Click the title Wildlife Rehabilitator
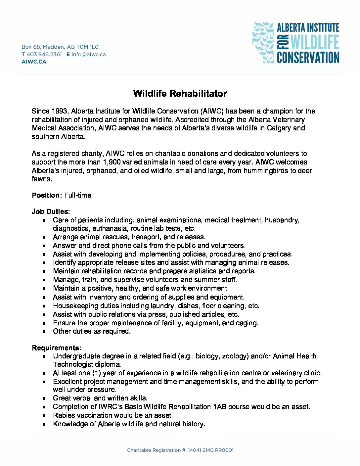click(x=180, y=93)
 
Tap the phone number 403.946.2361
click(x=44, y=54)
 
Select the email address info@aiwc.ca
click(x=88, y=54)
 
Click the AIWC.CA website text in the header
click(x=34, y=62)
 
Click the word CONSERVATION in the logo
click(x=308, y=58)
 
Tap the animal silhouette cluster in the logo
click(x=263, y=42)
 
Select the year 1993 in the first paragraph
click(x=59, y=111)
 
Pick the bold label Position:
click(x=47, y=195)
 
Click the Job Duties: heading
click(x=51, y=211)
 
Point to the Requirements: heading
click(x=56, y=348)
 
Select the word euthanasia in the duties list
click(x=110, y=228)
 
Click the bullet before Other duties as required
click(x=44, y=331)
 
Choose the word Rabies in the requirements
click(x=64, y=415)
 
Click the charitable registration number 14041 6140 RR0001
click(x=210, y=450)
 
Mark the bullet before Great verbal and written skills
click(x=44, y=398)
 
